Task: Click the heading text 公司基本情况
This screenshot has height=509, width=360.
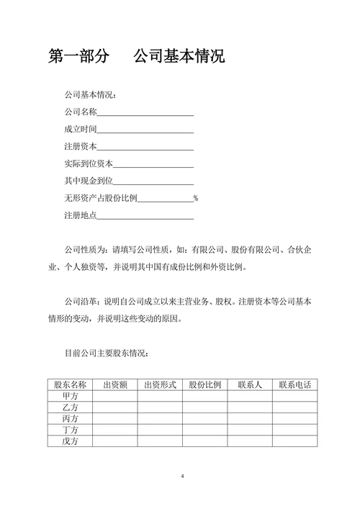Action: [x=179, y=57]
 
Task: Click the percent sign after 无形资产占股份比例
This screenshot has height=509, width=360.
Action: [x=195, y=198]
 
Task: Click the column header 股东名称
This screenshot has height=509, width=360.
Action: [x=70, y=385]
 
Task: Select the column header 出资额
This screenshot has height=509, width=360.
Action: [x=114, y=385]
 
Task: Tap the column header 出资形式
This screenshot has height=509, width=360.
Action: [x=160, y=385]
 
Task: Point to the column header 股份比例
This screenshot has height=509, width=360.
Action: [x=204, y=385]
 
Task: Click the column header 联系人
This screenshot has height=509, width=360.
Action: [x=249, y=385]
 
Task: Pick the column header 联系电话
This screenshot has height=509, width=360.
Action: [x=294, y=385]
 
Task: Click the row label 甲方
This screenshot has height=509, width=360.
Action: [x=70, y=397]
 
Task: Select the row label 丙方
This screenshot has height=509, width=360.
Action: [x=70, y=419]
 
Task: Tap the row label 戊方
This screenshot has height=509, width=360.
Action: [x=70, y=441]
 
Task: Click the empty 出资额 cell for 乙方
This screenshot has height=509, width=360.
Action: [x=114, y=407]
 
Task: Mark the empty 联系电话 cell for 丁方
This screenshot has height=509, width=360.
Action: [x=294, y=430]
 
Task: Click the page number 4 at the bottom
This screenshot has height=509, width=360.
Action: [x=182, y=477]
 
